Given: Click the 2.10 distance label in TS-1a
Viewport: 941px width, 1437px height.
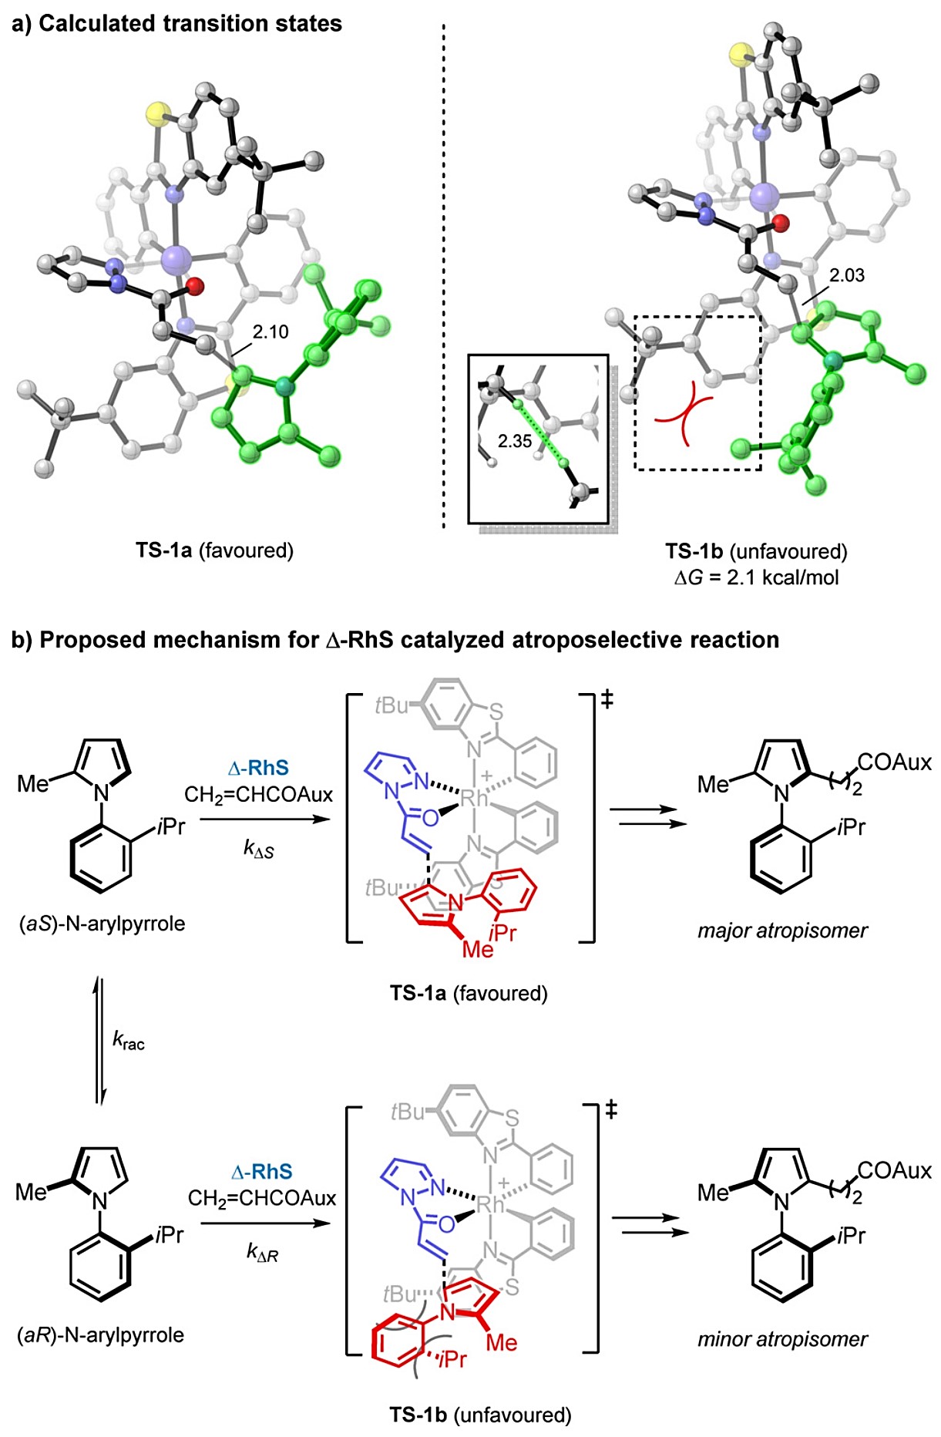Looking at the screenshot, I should (x=270, y=332).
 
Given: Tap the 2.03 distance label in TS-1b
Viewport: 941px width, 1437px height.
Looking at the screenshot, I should (x=846, y=275).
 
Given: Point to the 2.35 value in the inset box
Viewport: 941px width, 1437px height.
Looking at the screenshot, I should (x=514, y=441).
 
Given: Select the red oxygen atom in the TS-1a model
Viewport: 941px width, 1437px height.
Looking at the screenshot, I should (x=194, y=287).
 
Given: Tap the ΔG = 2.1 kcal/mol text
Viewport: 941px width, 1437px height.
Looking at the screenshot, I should (x=756, y=577).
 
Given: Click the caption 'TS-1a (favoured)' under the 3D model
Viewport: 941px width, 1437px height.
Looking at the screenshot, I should (x=214, y=550).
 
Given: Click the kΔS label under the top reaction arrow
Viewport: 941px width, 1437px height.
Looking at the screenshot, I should (x=258, y=849).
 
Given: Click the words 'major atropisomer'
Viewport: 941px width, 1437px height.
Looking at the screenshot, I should (x=782, y=931).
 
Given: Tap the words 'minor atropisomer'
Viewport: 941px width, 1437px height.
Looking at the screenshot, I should (x=782, y=1339).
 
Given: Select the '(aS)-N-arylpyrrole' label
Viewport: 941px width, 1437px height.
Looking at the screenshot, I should (x=102, y=923).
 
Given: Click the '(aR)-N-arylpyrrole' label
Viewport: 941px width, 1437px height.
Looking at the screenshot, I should (x=100, y=1335).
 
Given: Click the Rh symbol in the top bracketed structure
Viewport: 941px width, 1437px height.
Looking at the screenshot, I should (x=474, y=799).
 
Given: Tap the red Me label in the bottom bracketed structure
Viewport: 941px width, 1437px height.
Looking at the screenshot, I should (x=501, y=1343).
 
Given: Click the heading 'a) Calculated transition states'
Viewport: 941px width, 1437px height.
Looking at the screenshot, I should (x=176, y=23).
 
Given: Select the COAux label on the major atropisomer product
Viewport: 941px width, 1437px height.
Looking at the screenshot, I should (x=894, y=762).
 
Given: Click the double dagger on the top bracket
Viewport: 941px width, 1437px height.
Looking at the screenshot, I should (x=607, y=699).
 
